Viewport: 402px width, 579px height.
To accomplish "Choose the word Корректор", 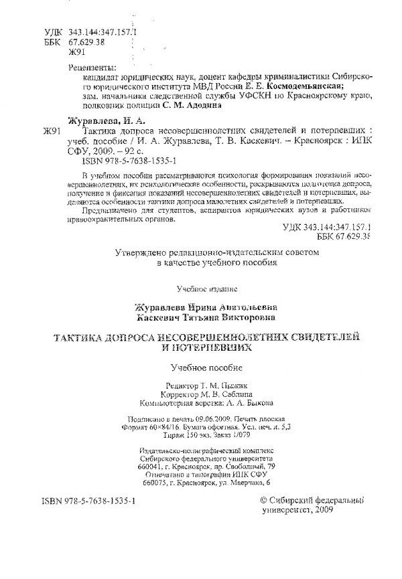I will point(186,395).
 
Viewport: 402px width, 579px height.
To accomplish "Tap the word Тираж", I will point(151,438).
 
